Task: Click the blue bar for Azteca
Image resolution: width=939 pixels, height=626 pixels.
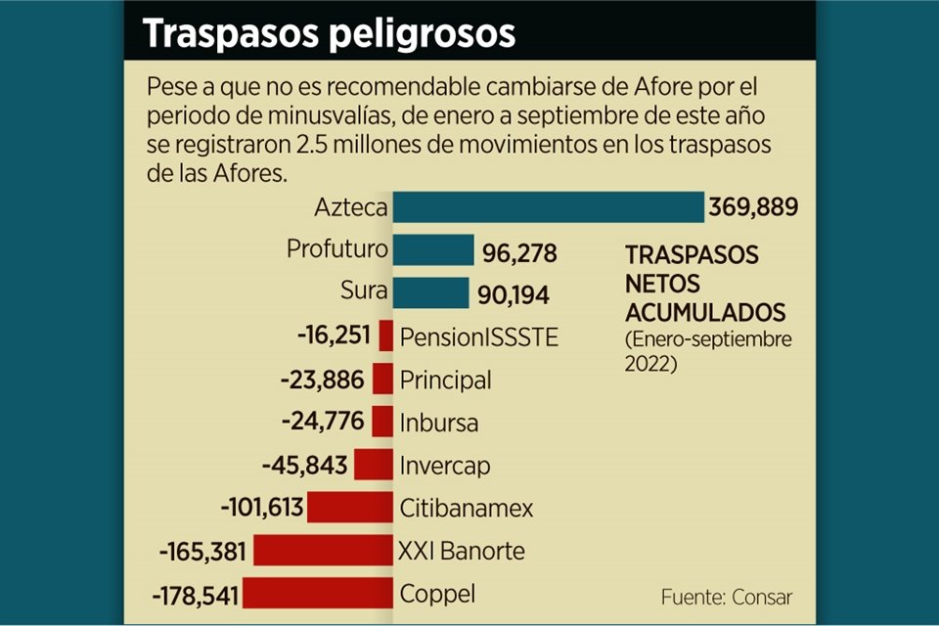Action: pos(548,207)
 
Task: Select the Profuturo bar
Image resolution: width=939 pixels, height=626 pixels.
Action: pos(433,250)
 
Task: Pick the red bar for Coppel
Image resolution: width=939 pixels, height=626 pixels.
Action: pos(318,594)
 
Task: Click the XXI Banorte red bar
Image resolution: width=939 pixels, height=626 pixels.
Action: pos(323,551)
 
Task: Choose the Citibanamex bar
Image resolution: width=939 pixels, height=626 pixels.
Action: pos(349,508)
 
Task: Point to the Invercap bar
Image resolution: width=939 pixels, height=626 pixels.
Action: pos(373,465)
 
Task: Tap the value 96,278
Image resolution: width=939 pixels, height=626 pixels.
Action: pos(519,253)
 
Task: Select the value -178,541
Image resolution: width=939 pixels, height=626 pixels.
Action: pos(196,595)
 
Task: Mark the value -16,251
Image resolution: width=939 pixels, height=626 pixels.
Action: pos(334,336)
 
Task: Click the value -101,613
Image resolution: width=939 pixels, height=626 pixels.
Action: pos(263,509)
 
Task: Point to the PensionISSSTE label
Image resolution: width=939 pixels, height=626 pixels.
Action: pos(479,337)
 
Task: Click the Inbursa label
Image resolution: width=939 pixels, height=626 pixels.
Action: pos(438,423)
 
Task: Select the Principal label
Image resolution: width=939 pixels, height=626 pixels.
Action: pos(445,380)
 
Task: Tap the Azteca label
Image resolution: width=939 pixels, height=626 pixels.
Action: pos(351,208)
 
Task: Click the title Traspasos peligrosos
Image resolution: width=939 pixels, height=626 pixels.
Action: pos(329,32)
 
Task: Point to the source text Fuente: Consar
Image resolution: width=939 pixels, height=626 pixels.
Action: pos(726,597)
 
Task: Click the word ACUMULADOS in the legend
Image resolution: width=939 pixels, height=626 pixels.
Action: pos(705,313)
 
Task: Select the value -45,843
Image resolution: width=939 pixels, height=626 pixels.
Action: pos(303,466)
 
